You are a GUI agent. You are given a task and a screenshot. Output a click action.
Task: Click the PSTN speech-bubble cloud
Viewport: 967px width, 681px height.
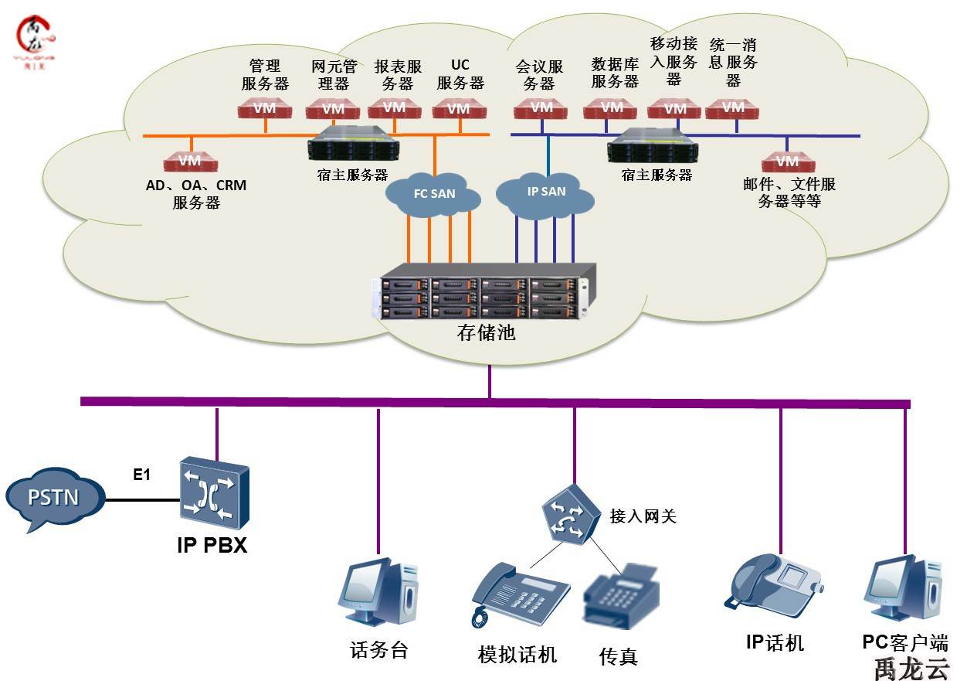[54, 498]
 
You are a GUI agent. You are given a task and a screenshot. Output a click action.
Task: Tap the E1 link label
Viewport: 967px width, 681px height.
[141, 475]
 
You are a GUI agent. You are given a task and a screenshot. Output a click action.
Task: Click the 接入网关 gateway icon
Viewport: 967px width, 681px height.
[570, 513]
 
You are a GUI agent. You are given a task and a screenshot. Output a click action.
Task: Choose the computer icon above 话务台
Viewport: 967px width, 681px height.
[379, 591]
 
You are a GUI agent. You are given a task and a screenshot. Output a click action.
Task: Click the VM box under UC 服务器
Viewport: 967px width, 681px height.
[459, 109]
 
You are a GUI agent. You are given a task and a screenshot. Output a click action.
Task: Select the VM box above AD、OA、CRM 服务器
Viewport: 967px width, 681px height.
[190, 162]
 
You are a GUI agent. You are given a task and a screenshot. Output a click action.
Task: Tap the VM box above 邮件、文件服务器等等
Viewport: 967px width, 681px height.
[787, 162]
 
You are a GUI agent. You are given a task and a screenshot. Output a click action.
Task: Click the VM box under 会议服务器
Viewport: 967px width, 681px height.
[541, 109]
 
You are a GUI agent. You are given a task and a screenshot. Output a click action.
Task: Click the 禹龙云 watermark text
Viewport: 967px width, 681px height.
[911, 667]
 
